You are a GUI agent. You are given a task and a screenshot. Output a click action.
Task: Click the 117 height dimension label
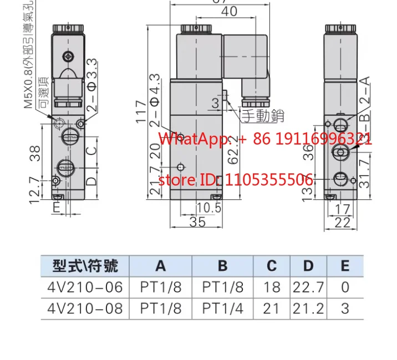tap(142, 111)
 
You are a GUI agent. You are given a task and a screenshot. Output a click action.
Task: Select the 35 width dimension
tap(197, 222)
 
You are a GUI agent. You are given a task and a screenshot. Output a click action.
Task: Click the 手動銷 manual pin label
tap(262, 116)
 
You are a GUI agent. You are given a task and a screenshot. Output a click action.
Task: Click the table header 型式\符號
tap(85, 266)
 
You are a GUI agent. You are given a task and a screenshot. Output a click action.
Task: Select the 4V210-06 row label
tap(85, 287)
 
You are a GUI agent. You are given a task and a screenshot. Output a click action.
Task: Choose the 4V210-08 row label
tap(85, 308)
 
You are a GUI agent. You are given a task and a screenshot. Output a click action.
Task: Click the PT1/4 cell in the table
tap(222, 308)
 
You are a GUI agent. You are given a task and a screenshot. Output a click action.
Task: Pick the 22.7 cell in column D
tap(308, 287)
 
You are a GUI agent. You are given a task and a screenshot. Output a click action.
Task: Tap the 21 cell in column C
tap(271, 308)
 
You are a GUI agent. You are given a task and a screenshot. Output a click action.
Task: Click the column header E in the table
tap(345, 266)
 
